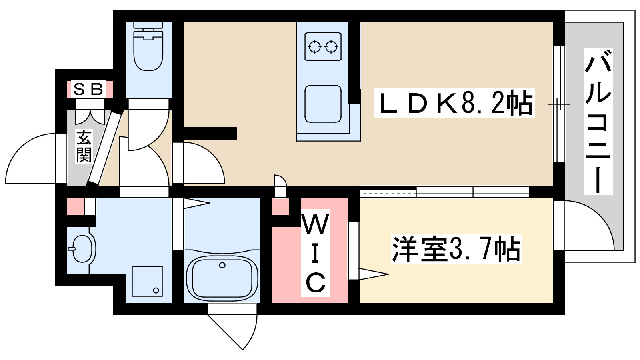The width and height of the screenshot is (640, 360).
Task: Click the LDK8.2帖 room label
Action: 454,103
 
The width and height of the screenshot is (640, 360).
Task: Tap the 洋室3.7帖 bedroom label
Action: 456,249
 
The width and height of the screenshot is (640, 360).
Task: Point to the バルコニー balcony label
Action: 598,122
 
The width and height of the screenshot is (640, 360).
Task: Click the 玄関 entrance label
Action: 84,146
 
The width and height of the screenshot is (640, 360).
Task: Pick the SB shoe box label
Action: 88,89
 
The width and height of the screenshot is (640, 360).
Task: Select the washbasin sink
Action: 83,248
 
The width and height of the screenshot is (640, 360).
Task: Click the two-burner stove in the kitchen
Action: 323,47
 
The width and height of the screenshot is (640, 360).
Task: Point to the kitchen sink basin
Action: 323,104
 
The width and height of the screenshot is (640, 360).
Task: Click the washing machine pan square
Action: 147,281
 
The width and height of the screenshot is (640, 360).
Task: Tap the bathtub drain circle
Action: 222,265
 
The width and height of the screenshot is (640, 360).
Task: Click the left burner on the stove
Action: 315,47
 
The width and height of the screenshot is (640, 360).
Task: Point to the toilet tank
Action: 148,25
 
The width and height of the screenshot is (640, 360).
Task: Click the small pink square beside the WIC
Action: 280,207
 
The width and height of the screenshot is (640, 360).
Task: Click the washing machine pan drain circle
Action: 156,290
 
